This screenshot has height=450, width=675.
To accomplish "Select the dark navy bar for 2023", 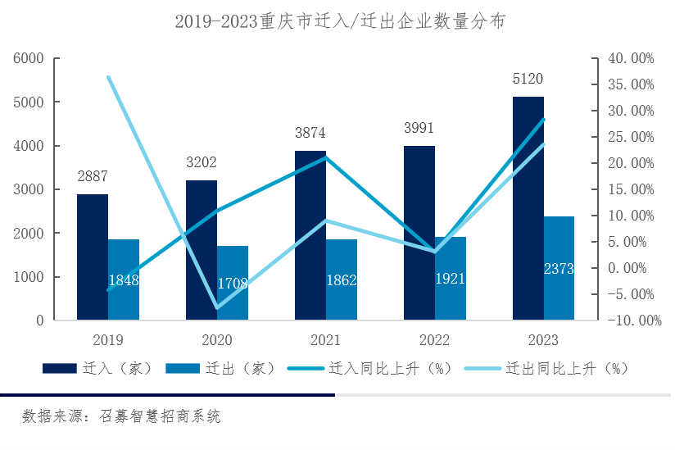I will click(528, 208).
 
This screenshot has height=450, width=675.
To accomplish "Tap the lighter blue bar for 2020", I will click(233, 283).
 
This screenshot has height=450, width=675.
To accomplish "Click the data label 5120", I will click(528, 80).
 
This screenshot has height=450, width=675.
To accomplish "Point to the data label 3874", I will click(310, 132).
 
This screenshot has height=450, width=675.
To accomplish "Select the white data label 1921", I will click(451, 279).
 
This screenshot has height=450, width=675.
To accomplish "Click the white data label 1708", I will click(233, 284).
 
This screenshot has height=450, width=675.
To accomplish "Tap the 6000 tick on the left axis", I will click(28, 58).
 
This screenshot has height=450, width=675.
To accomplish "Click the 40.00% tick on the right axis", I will click(630, 58).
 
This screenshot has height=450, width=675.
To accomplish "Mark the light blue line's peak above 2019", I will click(108, 77).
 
